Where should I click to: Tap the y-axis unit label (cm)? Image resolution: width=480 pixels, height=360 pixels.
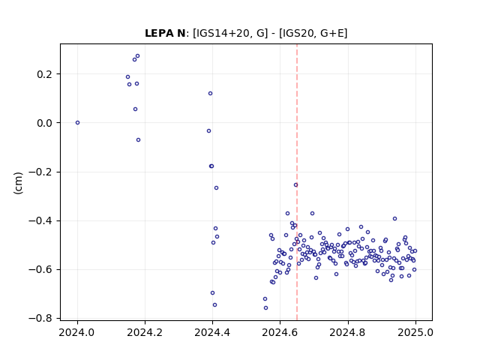click(x=18, y=183)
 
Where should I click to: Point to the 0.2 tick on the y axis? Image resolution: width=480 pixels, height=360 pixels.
click(x=45, y=74)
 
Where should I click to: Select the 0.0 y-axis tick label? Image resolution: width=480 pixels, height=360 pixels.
click(x=45, y=123)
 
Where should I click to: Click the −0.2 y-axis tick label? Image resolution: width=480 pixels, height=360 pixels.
click(x=41, y=172)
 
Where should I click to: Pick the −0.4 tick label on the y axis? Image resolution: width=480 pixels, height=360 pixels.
click(x=41, y=220)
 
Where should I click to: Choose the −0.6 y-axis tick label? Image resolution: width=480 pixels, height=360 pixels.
click(x=41, y=270)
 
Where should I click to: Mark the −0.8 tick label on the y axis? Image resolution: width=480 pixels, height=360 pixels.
click(x=41, y=319)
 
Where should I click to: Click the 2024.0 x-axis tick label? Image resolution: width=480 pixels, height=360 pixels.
click(x=77, y=332)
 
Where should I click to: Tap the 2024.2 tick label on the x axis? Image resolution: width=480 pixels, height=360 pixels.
click(x=145, y=332)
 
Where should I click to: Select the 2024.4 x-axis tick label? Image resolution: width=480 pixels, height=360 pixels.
click(x=212, y=332)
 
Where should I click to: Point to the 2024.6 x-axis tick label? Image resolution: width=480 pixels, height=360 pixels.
click(x=280, y=332)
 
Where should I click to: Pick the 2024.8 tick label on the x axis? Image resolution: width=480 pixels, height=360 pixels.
click(x=348, y=332)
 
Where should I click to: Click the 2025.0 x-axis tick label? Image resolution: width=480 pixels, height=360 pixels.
click(x=415, y=332)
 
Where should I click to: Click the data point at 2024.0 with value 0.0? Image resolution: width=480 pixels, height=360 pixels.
click(x=77, y=123)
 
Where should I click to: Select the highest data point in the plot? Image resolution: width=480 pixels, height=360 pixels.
click(x=137, y=56)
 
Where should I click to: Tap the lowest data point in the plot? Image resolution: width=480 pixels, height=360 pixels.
click(x=265, y=308)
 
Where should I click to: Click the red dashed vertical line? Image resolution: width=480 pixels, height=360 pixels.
click(x=297, y=182)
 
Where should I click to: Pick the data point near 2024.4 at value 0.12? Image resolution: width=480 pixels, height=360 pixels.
click(x=210, y=93)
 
